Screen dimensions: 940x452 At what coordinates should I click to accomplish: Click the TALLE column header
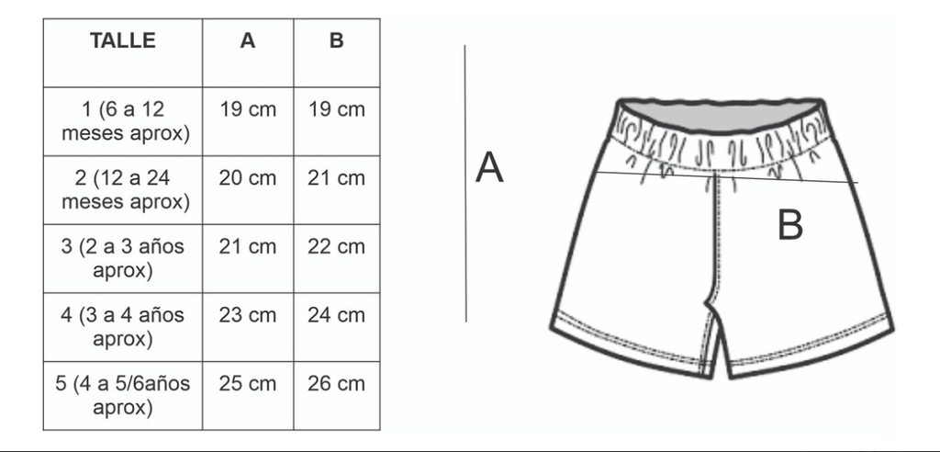coord(123,40)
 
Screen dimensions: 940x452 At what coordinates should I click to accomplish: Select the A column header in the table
coord(248,40)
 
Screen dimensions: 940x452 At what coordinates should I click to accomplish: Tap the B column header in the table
coord(336,40)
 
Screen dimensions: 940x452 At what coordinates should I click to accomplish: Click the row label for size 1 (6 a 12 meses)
coord(125,122)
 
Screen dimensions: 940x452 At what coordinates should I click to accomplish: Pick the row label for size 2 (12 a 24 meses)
coord(125,190)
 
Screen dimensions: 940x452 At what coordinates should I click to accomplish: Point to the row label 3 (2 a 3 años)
coord(123,259)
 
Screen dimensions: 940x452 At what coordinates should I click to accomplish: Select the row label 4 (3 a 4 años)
coord(123,327)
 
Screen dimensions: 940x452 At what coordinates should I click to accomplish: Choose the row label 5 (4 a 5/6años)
coord(123,396)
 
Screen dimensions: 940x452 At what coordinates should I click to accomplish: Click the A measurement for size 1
coord(248,110)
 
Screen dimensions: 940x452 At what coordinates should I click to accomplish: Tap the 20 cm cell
coord(248,178)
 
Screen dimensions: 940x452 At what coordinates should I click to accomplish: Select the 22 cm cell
coord(336,247)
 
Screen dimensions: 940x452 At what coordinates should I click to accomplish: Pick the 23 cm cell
coord(248,315)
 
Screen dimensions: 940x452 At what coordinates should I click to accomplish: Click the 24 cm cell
coord(336,315)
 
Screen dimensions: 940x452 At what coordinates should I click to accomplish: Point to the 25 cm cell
coord(248,384)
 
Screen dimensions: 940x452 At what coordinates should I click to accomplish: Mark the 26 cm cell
coord(336,384)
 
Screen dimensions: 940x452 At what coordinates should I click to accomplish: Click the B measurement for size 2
coord(336,178)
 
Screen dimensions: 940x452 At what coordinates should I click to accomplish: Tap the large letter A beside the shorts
coord(489,167)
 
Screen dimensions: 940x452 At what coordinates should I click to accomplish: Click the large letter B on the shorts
coord(790,226)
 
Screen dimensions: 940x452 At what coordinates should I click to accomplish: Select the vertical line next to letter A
coord(465,183)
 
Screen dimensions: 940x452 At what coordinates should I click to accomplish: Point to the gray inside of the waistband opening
coord(720,116)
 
